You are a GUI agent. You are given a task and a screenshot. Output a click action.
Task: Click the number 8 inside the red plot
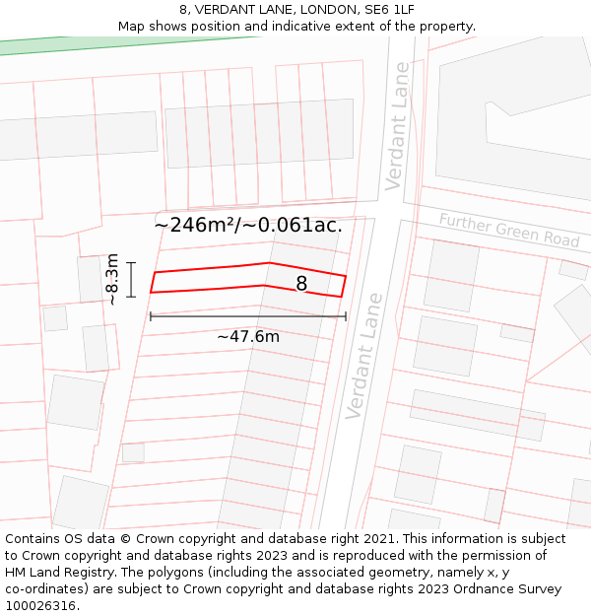301,284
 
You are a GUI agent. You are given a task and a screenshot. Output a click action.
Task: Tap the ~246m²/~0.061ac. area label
248,225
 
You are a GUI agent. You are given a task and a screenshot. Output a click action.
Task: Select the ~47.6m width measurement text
248,337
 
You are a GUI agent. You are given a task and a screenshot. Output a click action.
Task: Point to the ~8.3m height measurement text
111,279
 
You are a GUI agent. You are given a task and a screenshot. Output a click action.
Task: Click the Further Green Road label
509,231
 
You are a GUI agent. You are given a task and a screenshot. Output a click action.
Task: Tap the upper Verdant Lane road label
398,126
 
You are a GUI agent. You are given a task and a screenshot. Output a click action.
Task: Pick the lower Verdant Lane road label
363,356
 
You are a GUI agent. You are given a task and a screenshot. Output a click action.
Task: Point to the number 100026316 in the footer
41,606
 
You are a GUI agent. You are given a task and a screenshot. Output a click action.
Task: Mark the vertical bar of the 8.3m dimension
131,279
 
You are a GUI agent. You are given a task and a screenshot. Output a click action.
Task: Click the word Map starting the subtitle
132,27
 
